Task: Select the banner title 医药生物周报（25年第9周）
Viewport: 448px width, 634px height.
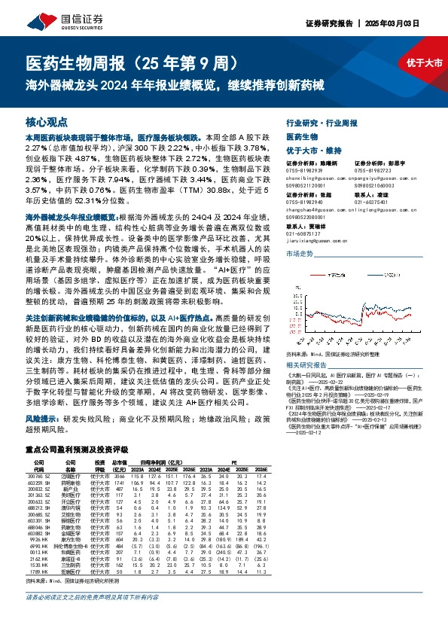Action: click(x=134, y=62)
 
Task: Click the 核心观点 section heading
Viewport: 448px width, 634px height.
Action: click(x=47, y=121)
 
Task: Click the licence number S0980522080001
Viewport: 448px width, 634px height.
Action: click(x=308, y=216)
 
